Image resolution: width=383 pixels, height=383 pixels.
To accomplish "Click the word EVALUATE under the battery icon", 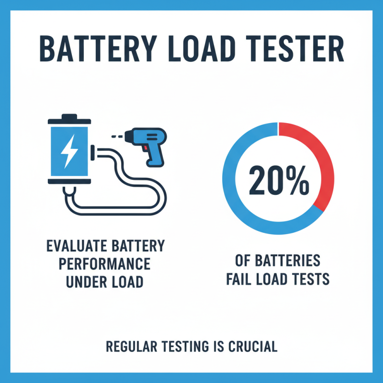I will pyautogui.click(x=76, y=247).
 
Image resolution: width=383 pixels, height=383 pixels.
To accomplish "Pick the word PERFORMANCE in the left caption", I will pyautogui.click(x=105, y=264).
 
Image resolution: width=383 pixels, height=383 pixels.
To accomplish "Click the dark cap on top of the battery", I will pyautogui.click(x=69, y=117).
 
